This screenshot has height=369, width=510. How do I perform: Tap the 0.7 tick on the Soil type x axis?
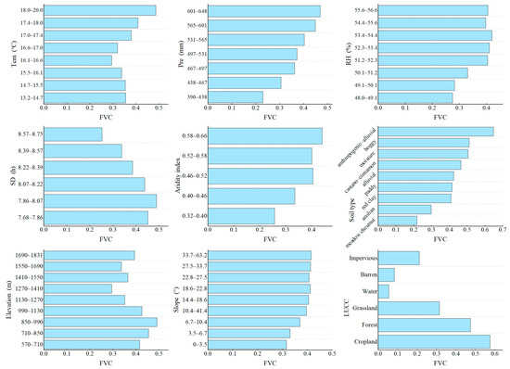point(502,230)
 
